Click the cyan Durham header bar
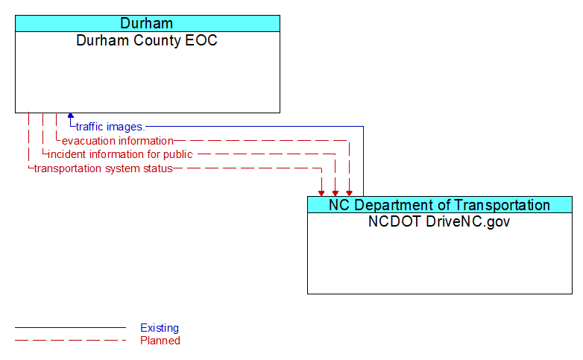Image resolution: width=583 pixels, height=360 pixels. (147, 23)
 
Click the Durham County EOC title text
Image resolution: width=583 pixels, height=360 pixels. (147, 40)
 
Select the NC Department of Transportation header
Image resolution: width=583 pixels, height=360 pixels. (440, 205)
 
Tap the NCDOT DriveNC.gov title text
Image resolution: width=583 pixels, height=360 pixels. (440, 221)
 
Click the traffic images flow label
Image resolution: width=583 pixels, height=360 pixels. (110, 127)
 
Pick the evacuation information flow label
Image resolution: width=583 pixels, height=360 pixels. (117, 141)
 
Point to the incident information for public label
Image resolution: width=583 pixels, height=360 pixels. (120, 154)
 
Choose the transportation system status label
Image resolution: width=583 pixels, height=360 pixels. (103, 168)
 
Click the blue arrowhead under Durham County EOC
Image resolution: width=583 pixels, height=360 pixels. (71, 116)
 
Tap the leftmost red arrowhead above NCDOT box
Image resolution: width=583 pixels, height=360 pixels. (321, 192)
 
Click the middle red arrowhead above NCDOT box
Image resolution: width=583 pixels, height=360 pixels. (335, 192)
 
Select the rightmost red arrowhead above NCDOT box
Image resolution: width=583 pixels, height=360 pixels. (349, 192)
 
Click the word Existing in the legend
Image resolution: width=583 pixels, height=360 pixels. (160, 328)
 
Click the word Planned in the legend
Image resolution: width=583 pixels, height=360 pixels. (160, 341)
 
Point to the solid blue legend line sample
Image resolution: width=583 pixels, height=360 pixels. (70, 328)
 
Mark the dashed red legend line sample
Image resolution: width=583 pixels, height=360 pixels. (70, 341)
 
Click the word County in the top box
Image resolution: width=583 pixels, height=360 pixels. (151, 40)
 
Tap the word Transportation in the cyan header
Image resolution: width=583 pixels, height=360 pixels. (502, 205)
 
